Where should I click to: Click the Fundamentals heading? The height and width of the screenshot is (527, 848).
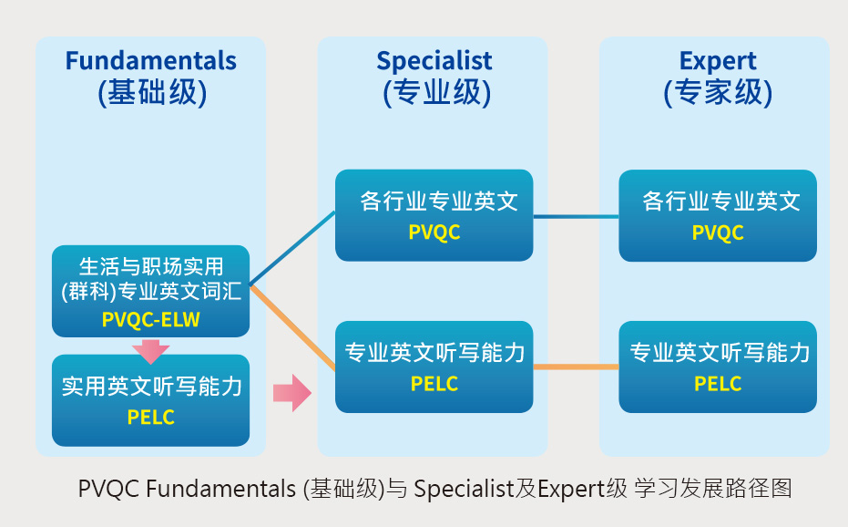click(x=150, y=61)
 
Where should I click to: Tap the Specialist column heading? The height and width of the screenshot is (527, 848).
click(x=434, y=61)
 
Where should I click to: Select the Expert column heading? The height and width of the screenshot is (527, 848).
click(x=718, y=61)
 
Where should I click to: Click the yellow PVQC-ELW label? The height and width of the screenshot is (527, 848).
click(x=151, y=320)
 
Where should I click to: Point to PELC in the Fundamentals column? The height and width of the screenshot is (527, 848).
click(x=151, y=418)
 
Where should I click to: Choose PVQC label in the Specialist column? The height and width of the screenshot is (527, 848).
click(x=434, y=232)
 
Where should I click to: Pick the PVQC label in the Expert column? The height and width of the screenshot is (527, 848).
click(x=718, y=232)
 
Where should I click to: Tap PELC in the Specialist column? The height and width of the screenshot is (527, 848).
click(x=434, y=383)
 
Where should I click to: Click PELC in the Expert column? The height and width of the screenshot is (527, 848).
click(x=718, y=383)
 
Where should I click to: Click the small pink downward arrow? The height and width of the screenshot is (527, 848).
click(x=151, y=350)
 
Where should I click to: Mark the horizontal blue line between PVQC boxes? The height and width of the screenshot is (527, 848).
click(x=576, y=217)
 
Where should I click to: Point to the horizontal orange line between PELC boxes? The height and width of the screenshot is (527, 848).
click(x=576, y=367)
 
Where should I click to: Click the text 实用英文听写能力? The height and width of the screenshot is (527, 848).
click(x=151, y=387)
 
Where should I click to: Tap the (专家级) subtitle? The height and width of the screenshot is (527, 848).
click(x=718, y=92)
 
